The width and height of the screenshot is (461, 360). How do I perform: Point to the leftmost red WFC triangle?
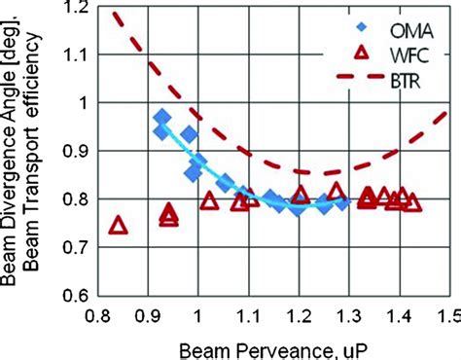(119, 226)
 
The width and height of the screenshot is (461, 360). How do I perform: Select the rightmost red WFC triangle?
(412, 202)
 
